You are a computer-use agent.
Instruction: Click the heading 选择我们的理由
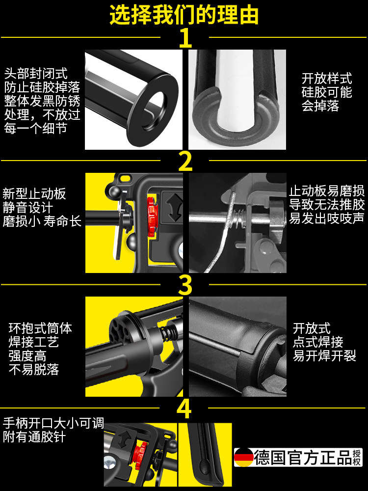(x=184, y=15)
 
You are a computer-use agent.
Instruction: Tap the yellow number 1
(x=185, y=38)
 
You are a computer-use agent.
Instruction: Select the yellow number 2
(x=185, y=161)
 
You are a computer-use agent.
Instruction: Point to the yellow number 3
(x=185, y=285)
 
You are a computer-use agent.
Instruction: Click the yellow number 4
(x=184, y=409)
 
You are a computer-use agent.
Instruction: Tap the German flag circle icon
(x=243, y=457)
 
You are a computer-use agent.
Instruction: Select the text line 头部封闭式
(x=36, y=74)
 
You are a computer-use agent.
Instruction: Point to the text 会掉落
(x=320, y=106)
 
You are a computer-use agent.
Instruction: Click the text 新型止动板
(x=34, y=194)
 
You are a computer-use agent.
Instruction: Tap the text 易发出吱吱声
(x=327, y=218)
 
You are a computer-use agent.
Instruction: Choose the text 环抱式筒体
(x=40, y=328)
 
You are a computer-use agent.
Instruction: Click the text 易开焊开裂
(x=324, y=355)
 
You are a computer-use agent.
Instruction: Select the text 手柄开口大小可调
(x=53, y=423)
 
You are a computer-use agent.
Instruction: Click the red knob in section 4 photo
(x=140, y=455)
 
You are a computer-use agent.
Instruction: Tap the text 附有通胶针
(x=34, y=437)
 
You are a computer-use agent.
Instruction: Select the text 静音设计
(x=28, y=207)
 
